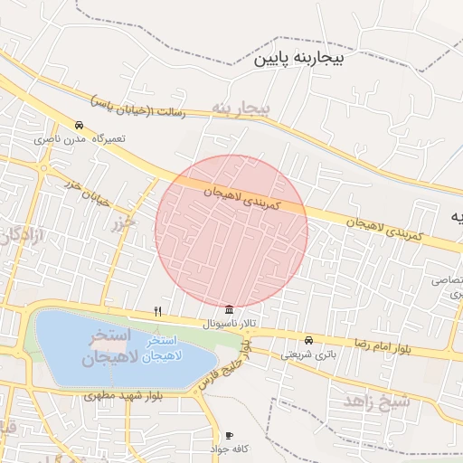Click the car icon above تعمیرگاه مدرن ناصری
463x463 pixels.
[80, 126]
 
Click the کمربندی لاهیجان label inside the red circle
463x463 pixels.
[242, 200]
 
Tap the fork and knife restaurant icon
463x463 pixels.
[158, 311]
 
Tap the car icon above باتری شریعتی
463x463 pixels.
[309, 341]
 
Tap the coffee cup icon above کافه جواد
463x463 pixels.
[229, 435]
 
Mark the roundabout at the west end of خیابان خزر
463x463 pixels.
[43, 167]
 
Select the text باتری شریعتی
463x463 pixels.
[307, 354]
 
